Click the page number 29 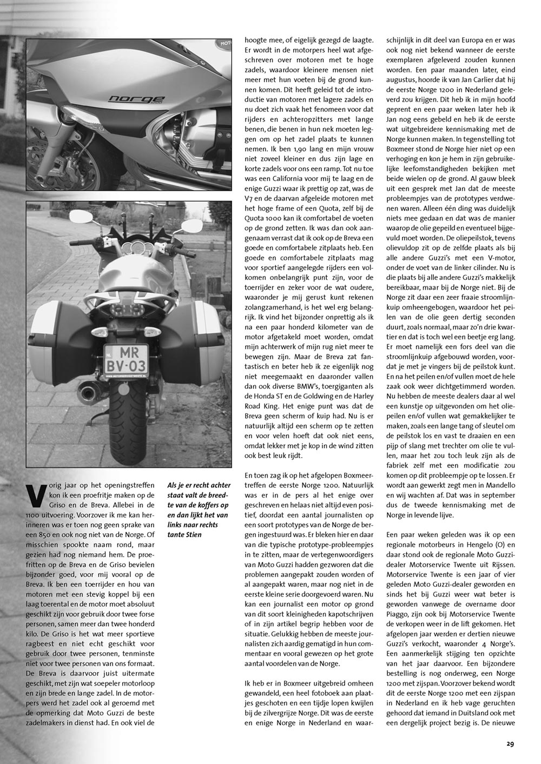click(510, 743)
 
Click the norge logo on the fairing click(128, 99)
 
